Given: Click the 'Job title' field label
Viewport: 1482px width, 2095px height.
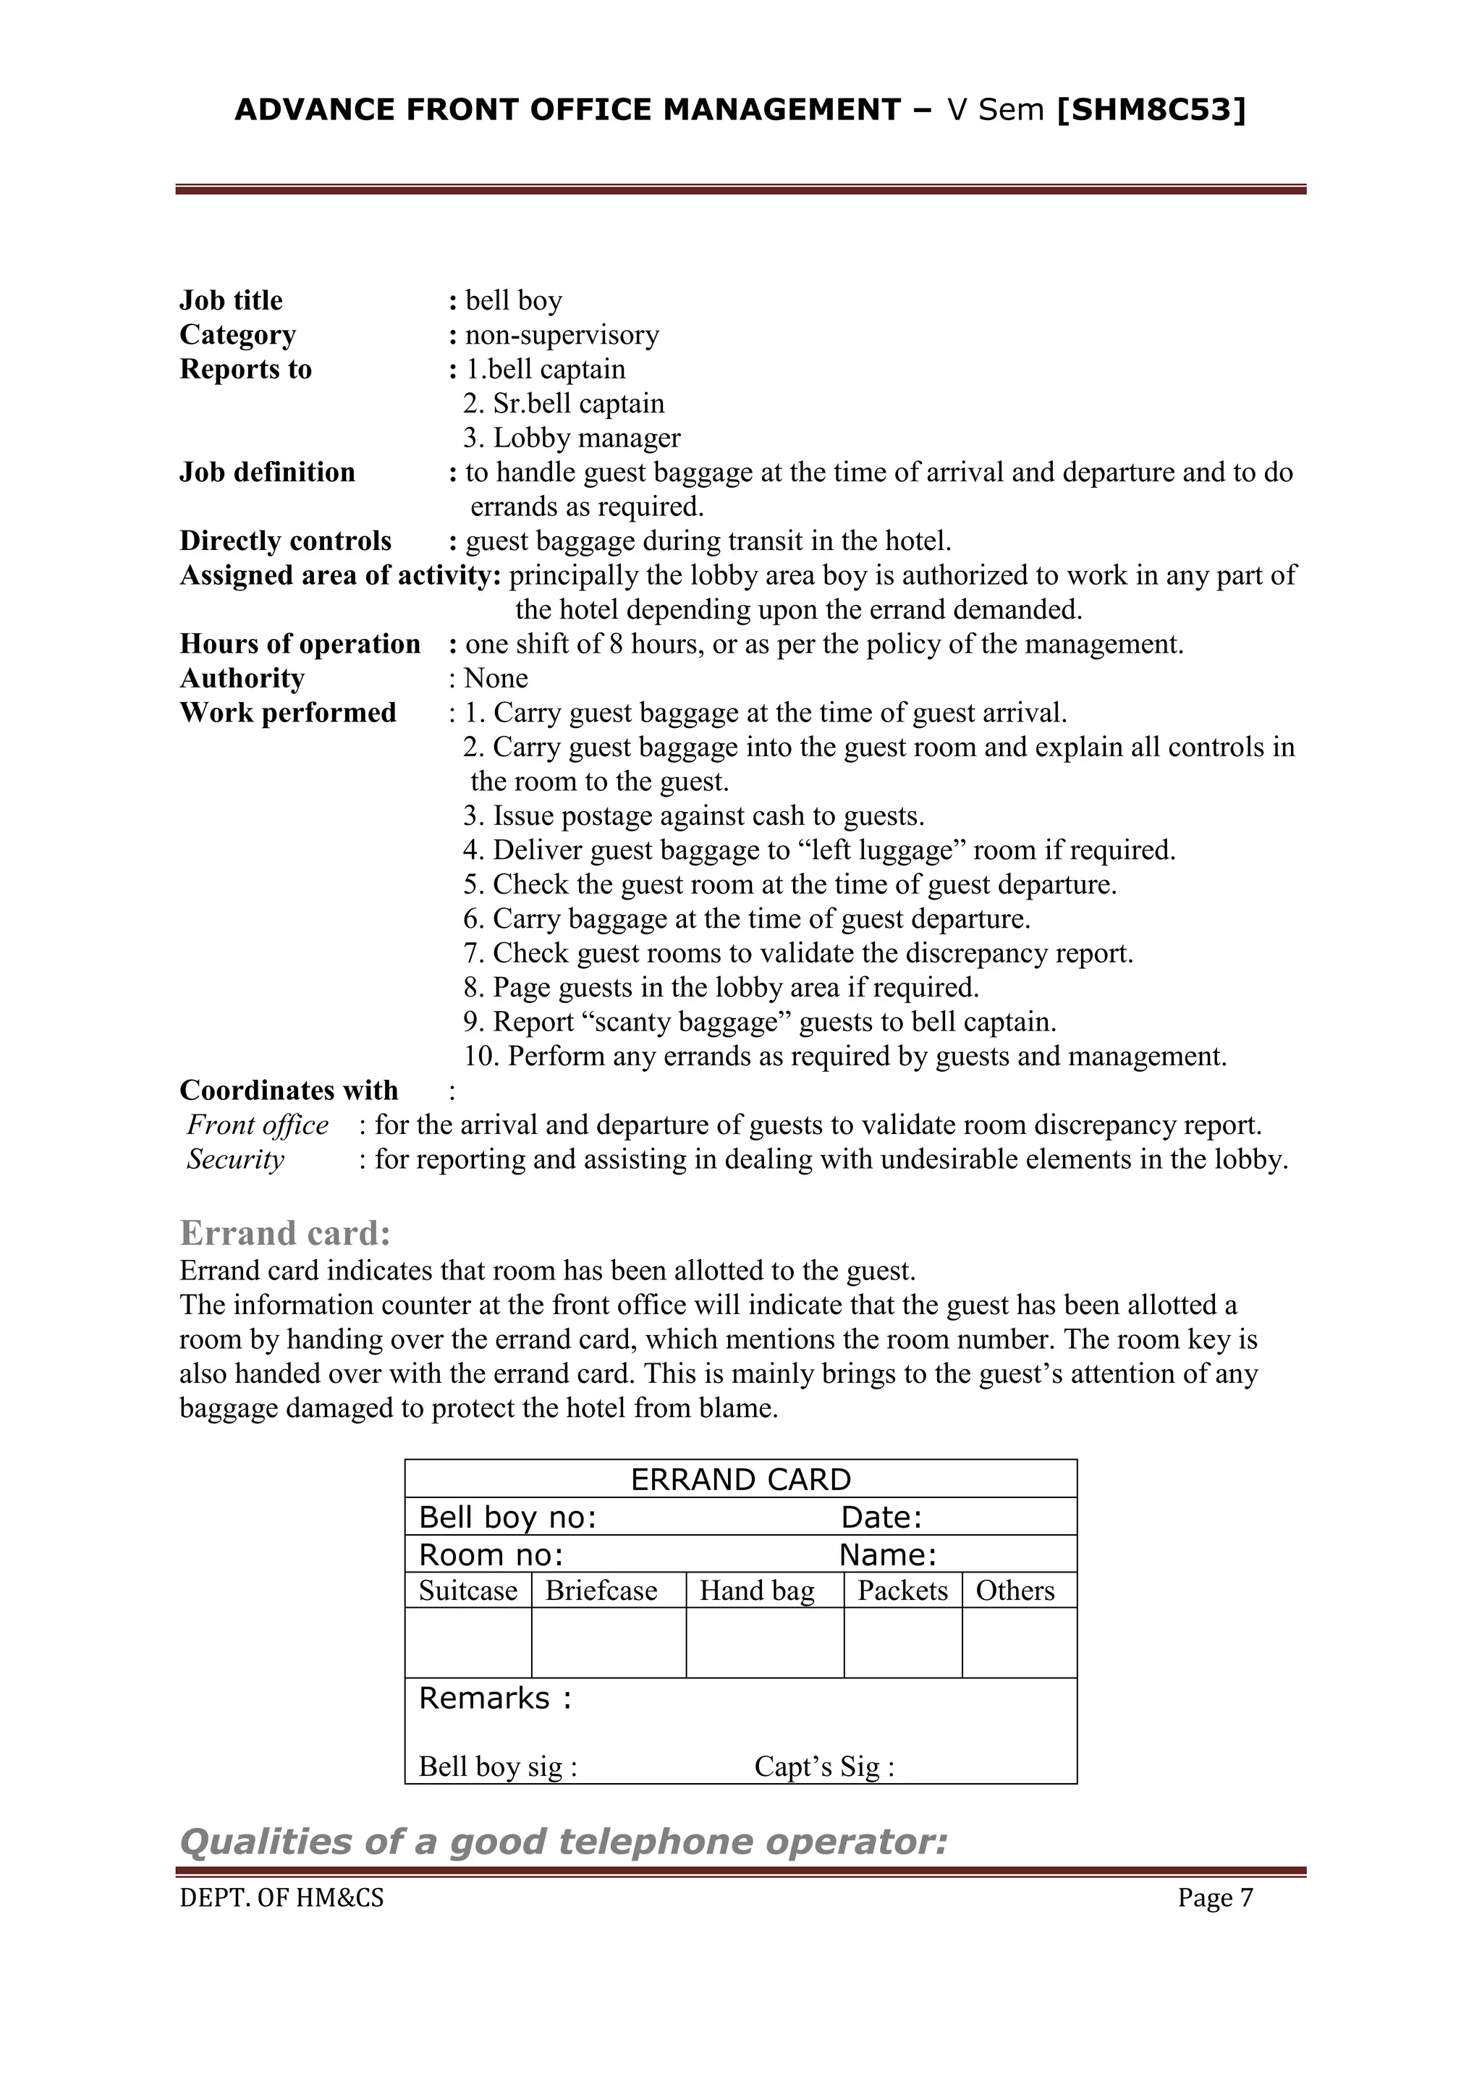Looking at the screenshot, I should point(231,300).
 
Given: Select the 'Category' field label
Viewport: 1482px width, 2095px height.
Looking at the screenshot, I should point(237,335).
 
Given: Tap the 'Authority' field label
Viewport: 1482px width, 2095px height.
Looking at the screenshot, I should point(242,678).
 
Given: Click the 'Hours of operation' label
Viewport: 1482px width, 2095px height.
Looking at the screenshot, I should point(300,643).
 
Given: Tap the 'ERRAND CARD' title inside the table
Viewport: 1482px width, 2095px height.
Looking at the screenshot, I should point(740,1479).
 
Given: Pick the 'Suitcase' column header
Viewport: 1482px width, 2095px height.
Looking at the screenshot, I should point(467,1591).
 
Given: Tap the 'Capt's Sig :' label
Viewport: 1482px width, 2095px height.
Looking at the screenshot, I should point(823,1766).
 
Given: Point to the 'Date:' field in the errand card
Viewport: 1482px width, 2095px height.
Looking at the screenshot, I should point(881,1518).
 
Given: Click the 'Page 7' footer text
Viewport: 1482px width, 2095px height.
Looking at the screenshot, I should point(1215,1898).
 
